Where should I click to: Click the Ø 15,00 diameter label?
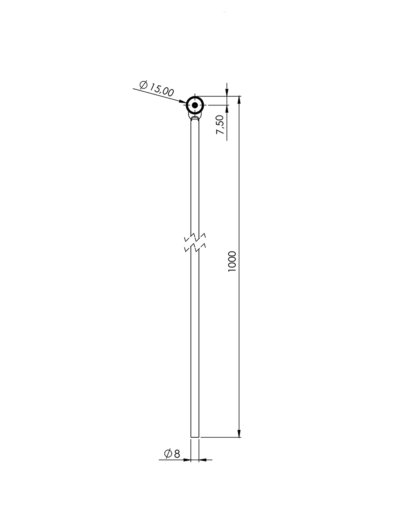pos(157,89)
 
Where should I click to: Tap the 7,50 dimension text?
pos(220,124)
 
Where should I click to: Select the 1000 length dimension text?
pos(232,262)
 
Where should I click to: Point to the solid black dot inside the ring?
pos(195,105)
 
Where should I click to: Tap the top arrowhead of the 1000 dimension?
pos(239,100)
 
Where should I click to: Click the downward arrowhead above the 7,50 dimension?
pos(227,92)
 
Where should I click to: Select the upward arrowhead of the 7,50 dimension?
pos(227,109)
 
